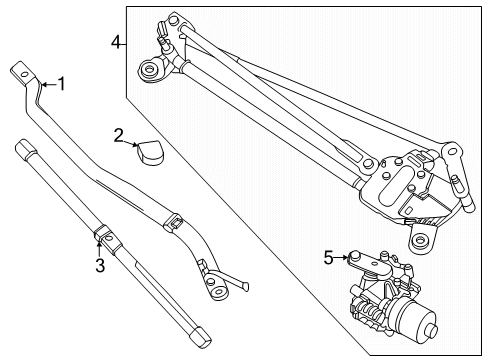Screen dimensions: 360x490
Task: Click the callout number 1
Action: click(x=61, y=84)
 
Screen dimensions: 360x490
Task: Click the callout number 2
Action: click(x=118, y=134)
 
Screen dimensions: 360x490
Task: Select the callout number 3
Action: click(x=99, y=264)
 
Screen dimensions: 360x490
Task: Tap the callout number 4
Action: click(x=116, y=42)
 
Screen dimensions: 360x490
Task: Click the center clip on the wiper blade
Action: click(x=104, y=237)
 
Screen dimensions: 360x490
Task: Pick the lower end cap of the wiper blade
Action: click(x=197, y=335)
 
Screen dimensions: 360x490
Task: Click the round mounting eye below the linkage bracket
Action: click(x=420, y=240)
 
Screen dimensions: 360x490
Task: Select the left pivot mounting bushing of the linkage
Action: click(x=152, y=70)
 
